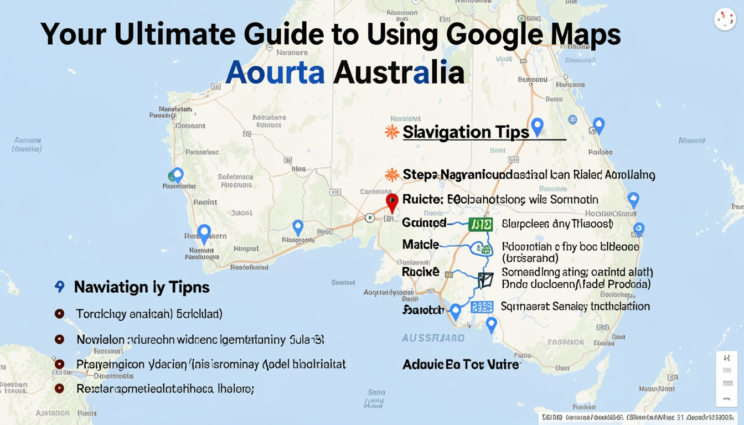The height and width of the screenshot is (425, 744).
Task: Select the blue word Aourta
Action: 275,72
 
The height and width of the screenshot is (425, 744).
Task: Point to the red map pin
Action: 392,202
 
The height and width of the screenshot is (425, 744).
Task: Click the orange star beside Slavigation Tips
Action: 392,132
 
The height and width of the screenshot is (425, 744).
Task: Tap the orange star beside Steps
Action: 392,175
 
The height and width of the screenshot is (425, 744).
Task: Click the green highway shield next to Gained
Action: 480,224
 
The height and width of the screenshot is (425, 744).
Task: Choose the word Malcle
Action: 421,244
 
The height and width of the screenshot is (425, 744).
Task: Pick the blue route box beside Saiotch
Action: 482,307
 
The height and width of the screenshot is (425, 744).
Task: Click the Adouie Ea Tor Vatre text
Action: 461,365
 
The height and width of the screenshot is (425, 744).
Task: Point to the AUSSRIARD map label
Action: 433,338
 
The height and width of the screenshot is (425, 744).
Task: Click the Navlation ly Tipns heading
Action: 142,287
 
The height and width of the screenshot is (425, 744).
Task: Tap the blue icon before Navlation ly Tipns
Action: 60,287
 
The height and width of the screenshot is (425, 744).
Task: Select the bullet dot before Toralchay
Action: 60,314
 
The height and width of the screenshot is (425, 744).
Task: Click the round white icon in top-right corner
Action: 725,19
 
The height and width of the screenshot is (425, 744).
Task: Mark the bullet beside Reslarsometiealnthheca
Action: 60,388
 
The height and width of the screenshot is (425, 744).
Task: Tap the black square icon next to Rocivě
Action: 485,280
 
